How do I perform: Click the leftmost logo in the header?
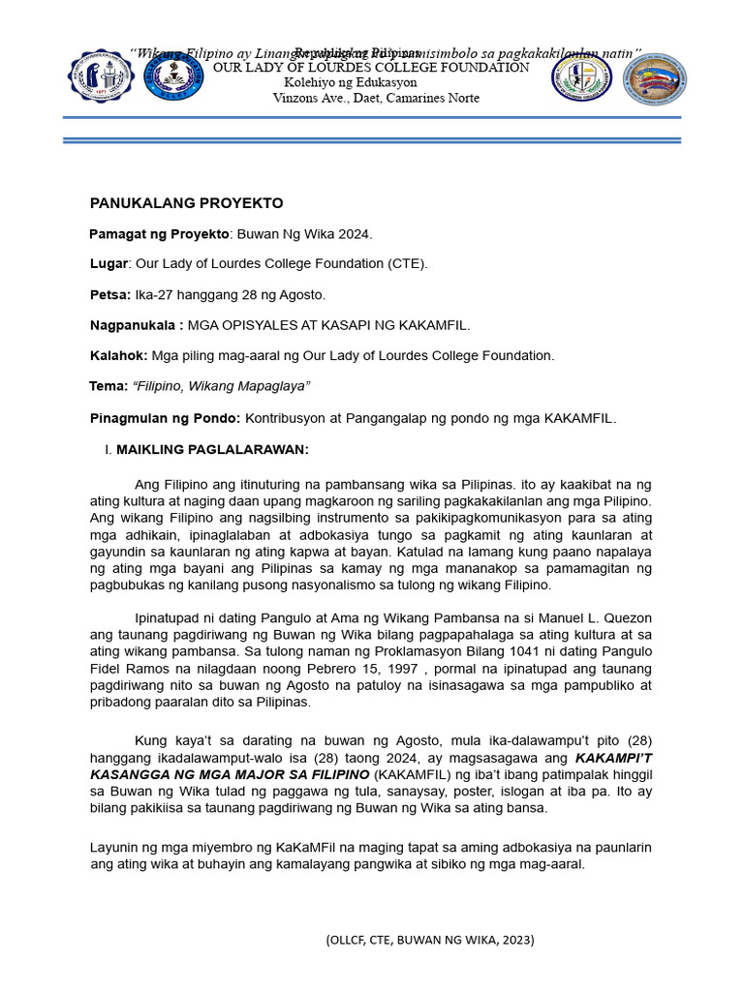point(101,77)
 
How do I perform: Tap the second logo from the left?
point(174,76)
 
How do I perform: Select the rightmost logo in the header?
point(655,79)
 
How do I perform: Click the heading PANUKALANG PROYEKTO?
point(186,203)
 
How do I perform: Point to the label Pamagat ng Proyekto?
point(159,234)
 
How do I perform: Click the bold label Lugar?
point(108,263)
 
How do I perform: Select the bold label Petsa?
point(109,294)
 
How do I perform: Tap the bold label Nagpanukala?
point(136,324)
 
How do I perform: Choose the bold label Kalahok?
point(118,355)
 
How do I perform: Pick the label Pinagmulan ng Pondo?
point(165,418)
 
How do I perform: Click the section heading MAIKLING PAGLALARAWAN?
point(212,450)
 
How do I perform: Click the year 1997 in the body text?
point(401,669)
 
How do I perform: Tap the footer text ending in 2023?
point(430,940)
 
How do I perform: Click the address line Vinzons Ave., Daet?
point(376,98)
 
